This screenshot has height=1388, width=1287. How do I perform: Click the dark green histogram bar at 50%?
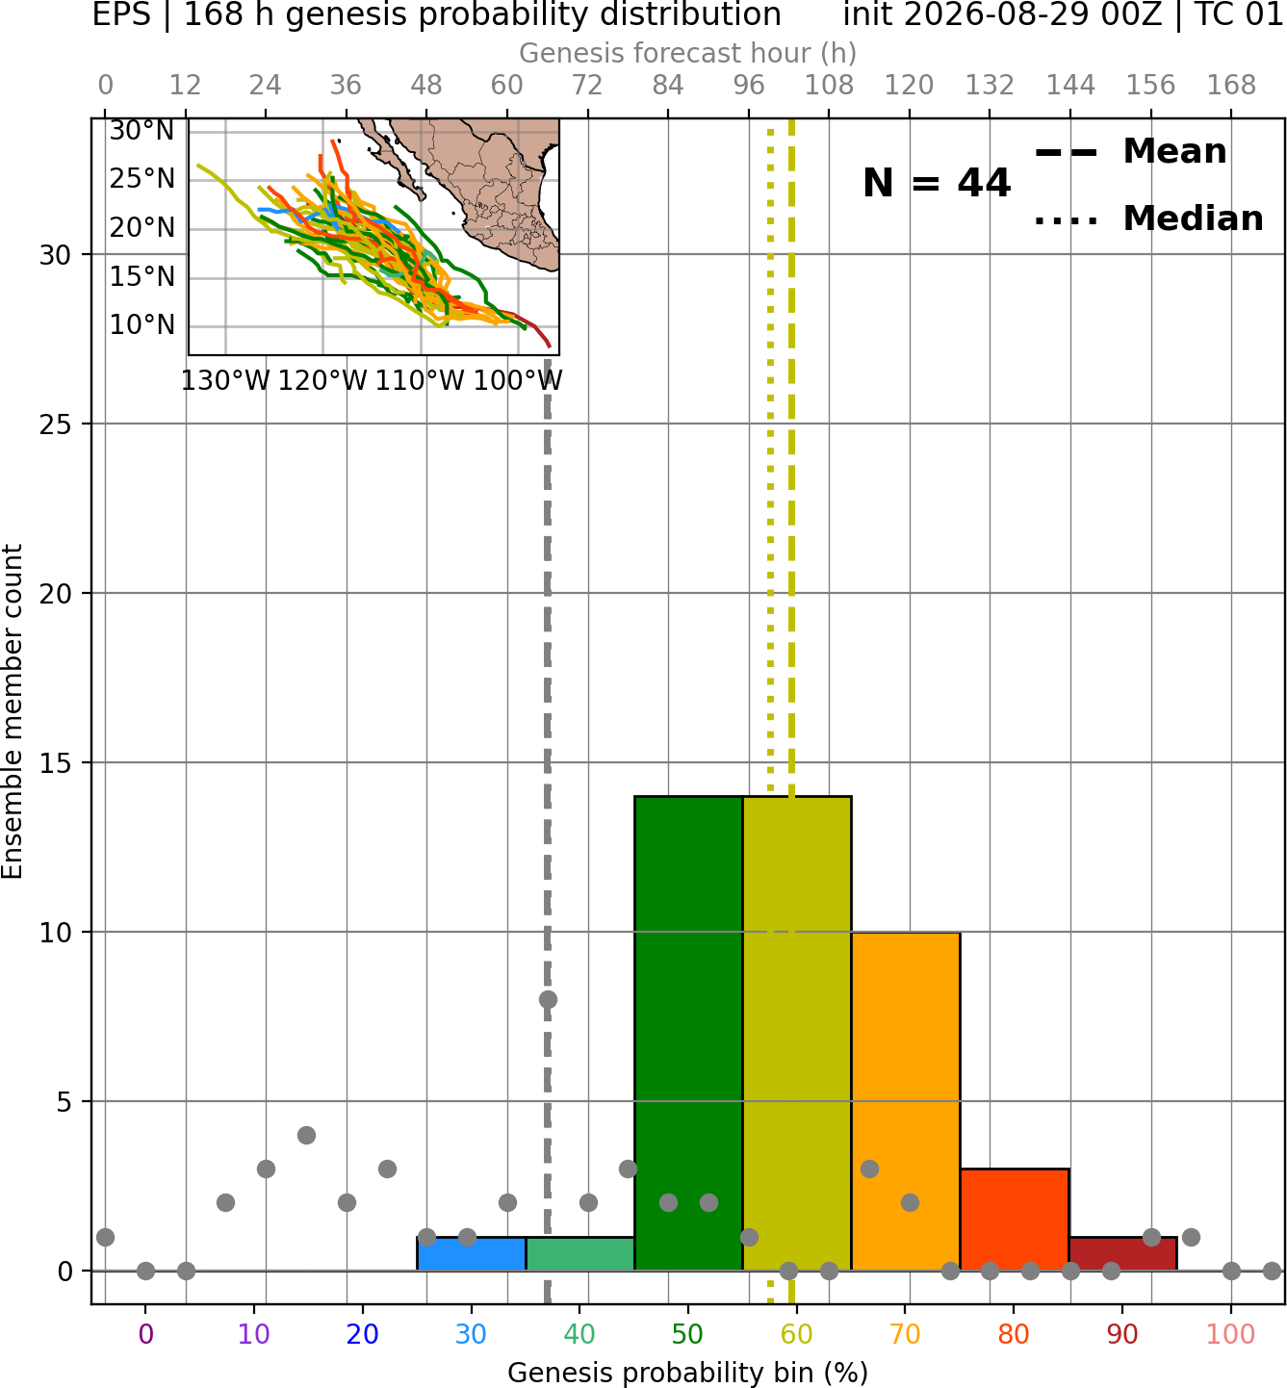(688, 1034)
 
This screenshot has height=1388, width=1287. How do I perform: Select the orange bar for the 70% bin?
(905, 1101)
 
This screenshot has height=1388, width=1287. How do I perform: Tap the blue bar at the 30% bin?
(471, 1254)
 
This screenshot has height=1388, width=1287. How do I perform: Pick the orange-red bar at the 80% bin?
(1015, 1221)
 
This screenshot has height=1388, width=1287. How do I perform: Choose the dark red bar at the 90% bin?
(1122, 1254)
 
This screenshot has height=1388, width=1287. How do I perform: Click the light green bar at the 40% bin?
(579, 1254)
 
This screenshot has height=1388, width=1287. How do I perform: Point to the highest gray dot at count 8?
(548, 999)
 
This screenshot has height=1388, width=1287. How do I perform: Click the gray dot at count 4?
(306, 1135)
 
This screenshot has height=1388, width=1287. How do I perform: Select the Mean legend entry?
(1130, 152)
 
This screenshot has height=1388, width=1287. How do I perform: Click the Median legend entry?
(1148, 218)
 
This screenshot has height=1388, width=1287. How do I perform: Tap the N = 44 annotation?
(936, 183)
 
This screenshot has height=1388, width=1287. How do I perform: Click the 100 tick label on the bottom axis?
(1231, 1334)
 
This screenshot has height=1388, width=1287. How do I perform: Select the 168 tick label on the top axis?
(1231, 86)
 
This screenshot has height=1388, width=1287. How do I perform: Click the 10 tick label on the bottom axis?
(254, 1334)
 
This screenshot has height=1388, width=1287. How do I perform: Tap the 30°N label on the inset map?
(142, 131)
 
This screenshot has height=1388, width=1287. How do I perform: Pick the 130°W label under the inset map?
(225, 381)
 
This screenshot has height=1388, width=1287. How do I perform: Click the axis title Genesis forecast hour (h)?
(688, 53)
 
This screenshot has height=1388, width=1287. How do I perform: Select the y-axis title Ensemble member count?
(12, 711)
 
